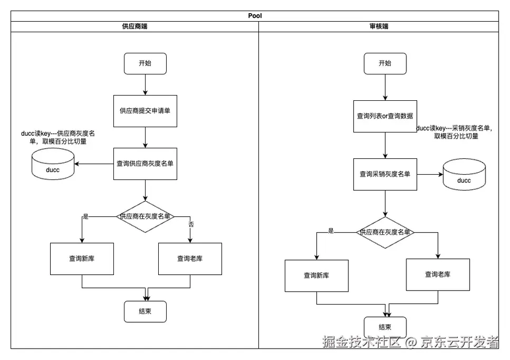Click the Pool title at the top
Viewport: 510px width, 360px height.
pyautogui.click(x=255, y=16)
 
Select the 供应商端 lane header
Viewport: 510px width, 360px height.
pyautogui.click(x=134, y=26)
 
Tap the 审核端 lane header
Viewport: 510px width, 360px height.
pyautogui.click(x=379, y=26)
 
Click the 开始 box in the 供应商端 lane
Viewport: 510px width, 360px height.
pyautogui.click(x=145, y=63)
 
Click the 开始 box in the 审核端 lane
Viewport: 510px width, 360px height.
pyautogui.click(x=385, y=63)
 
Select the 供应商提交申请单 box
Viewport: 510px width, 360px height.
pyautogui.click(x=145, y=111)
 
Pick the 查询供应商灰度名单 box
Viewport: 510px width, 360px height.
pyautogui.click(x=145, y=164)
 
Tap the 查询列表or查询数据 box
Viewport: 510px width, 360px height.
pyautogui.click(x=385, y=116)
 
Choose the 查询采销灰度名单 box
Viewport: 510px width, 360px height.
pyautogui.click(x=385, y=174)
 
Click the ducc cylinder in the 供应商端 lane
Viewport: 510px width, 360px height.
pyautogui.click(x=53, y=164)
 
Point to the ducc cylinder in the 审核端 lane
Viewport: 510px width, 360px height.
pyautogui.click(x=464, y=175)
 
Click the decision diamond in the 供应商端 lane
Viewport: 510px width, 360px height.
pyautogui.click(x=145, y=216)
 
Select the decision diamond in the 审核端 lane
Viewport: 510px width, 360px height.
pyautogui.click(x=385, y=232)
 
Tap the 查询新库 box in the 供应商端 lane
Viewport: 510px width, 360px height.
pyautogui.click(x=82, y=258)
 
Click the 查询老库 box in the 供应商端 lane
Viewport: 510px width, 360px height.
pyautogui.click(x=190, y=258)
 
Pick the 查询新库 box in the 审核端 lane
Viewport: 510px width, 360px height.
pyautogui.click(x=316, y=276)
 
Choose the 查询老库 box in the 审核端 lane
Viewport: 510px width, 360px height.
pyautogui.click(x=438, y=274)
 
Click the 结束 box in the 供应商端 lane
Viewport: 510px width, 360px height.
pyautogui.click(x=145, y=311)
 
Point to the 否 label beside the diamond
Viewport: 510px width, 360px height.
pyautogui.click(x=191, y=224)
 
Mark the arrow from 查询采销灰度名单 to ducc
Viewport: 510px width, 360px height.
pyautogui.click(x=430, y=174)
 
